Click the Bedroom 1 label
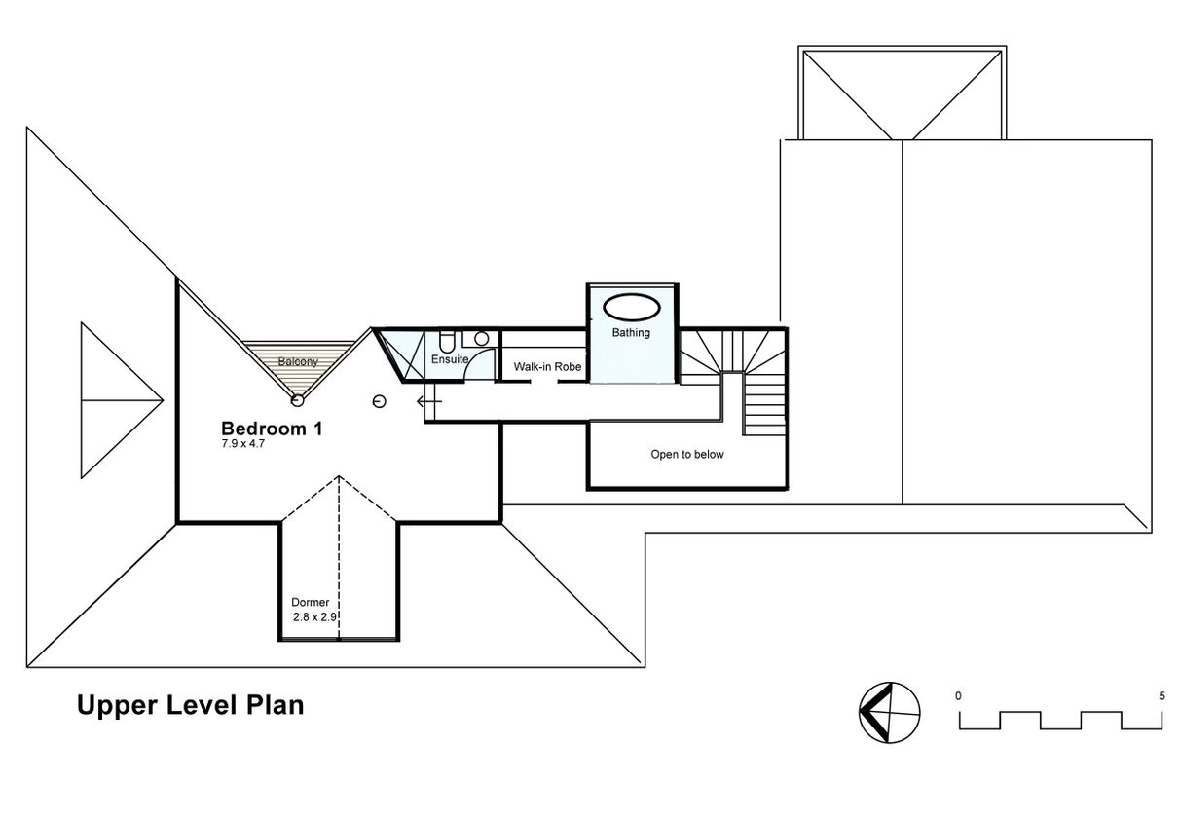point(272,429)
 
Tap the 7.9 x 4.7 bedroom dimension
point(242,444)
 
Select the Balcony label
point(298,361)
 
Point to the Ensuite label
point(450,359)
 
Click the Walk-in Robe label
point(547,367)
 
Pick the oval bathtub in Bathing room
point(631,307)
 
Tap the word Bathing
point(631,332)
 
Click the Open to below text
point(687,454)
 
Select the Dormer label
point(311,602)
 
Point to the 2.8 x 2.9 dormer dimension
point(314,617)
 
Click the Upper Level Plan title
point(190,706)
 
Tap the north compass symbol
point(889,713)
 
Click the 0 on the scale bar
point(958,696)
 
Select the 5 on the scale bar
point(1162,696)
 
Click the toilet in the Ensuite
point(446,342)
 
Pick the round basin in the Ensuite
point(481,338)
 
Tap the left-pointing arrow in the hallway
point(429,402)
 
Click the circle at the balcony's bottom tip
point(297,401)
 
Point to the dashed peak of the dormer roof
point(339,476)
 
